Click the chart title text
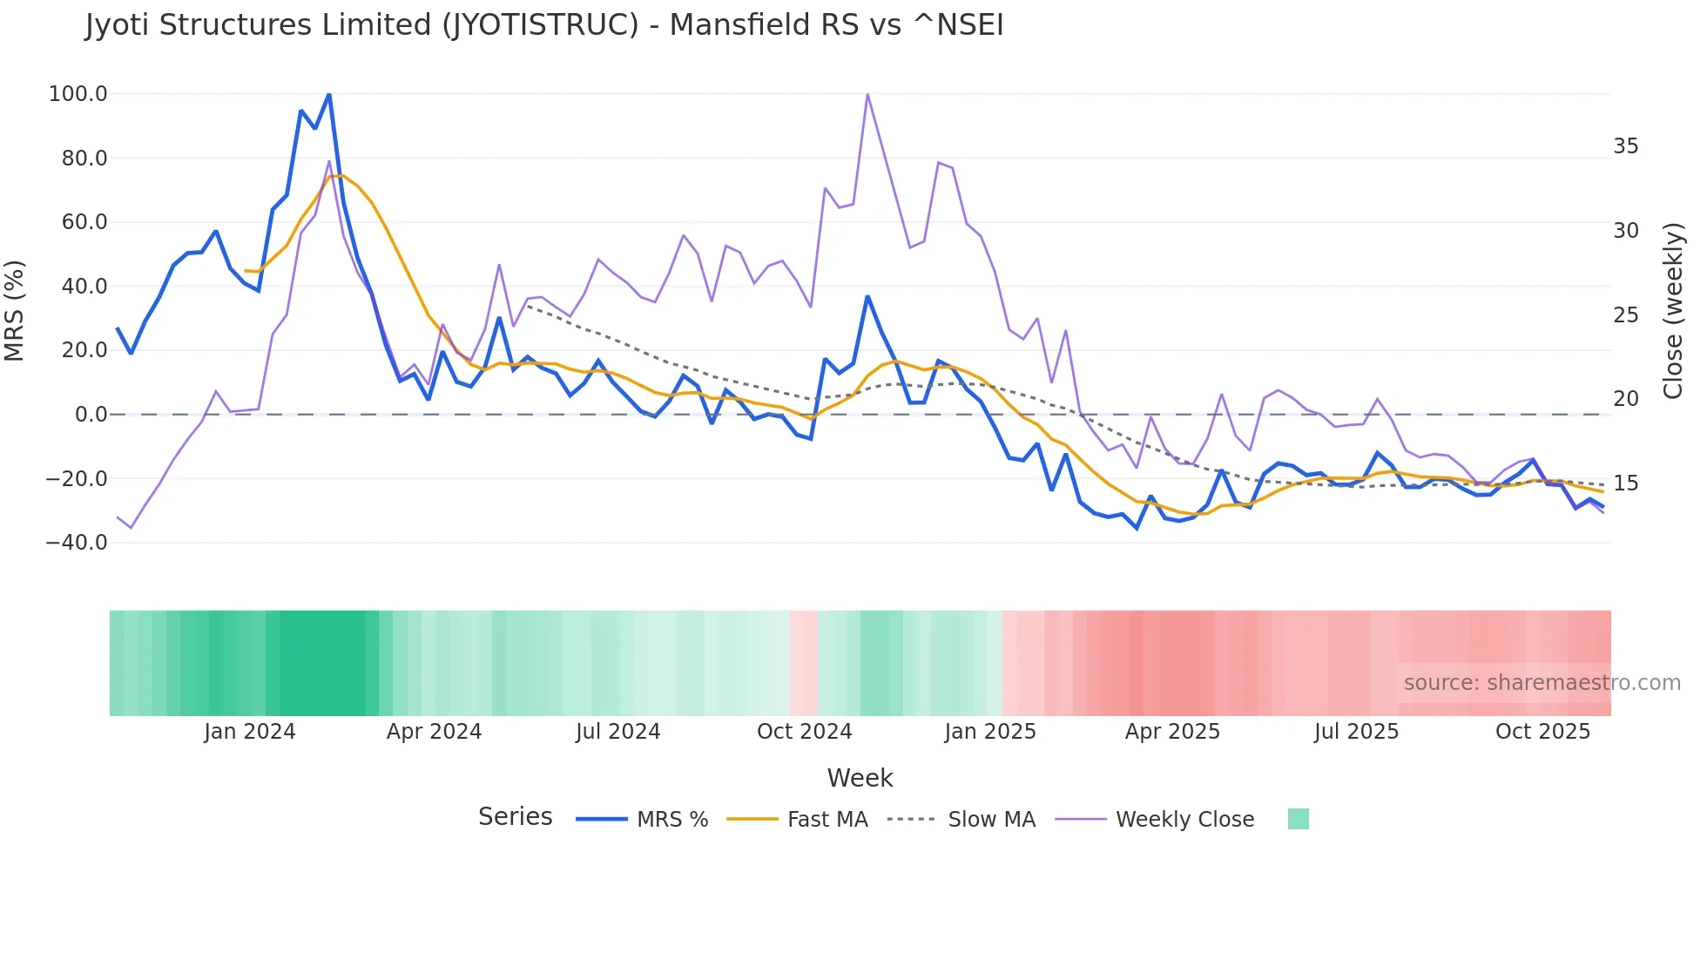tap(544, 25)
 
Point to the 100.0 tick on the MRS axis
tap(78, 94)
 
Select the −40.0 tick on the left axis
tap(77, 543)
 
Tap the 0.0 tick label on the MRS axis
tap(91, 415)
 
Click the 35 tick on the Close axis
tap(1625, 146)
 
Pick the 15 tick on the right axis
tap(1625, 483)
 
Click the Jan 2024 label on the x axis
tap(250, 732)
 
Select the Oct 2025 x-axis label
tap(1542, 732)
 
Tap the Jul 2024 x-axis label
tap(617, 732)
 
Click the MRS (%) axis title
tap(15, 311)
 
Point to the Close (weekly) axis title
tap(1673, 311)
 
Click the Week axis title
tap(860, 778)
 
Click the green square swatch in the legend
tap(1298, 819)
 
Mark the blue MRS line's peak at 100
tap(328, 94)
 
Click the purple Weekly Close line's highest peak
tap(867, 94)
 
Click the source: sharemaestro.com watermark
tap(1542, 683)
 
